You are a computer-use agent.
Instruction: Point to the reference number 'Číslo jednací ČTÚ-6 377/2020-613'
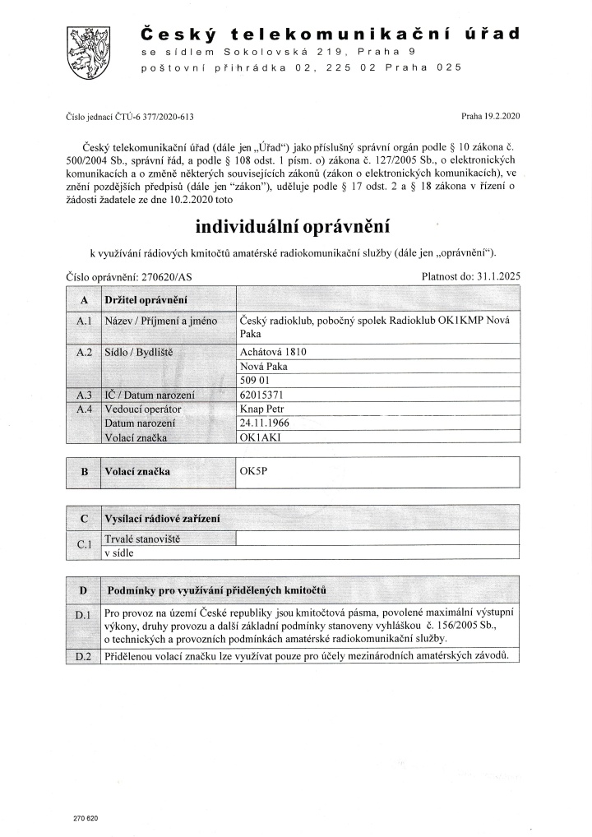pyautogui.click(x=130, y=118)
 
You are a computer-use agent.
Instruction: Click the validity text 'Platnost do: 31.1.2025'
pyautogui.click(x=470, y=277)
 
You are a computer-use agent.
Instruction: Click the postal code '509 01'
pyautogui.click(x=252, y=381)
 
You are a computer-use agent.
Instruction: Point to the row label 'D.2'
pyautogui.click(x=82, y=656)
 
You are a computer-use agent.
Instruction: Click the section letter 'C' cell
pyautogui.click(x=83, y=520)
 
